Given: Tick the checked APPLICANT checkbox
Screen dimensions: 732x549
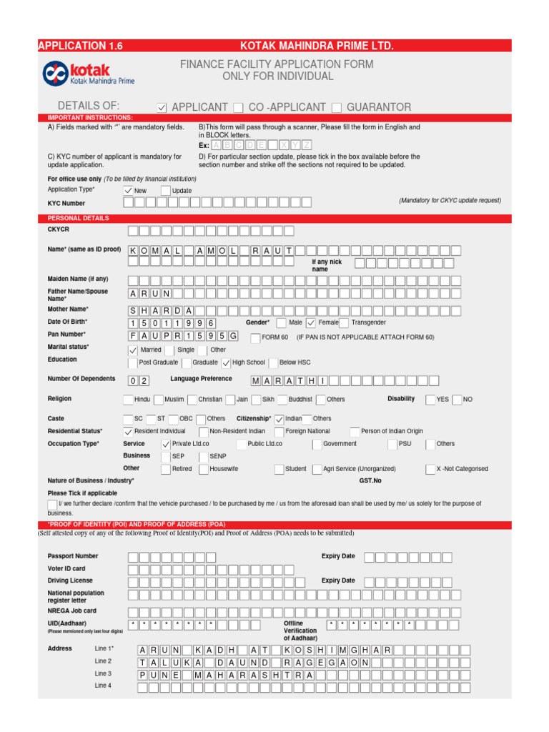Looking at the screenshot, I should pos(162,108).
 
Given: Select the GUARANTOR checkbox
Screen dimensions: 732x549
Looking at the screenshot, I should pos(337,108).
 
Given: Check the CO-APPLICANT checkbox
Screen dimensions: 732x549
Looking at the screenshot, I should pos(238,108).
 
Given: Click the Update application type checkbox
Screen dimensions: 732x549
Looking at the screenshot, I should pos(166,191).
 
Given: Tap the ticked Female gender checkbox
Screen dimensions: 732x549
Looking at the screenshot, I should pos(311,322).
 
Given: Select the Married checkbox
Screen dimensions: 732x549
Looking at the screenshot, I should pos(133,350).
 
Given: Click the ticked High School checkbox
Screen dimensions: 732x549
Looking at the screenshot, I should pos(226,363).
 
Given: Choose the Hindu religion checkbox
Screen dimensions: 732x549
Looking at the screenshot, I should pos(128,400).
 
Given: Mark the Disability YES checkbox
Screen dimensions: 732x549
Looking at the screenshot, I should pos(430,400).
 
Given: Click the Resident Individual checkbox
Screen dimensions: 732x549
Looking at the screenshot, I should pos(128,432).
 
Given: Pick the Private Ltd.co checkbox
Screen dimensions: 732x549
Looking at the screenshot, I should pos(166,444).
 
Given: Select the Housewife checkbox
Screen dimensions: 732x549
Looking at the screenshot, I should pos(204,469).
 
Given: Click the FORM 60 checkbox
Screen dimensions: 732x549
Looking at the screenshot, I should pos(255,337).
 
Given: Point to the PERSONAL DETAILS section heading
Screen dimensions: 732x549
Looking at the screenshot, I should pos(78,217).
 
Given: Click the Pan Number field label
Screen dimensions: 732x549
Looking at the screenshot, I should pos(66,334).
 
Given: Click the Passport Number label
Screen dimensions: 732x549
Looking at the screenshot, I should pos(73,556).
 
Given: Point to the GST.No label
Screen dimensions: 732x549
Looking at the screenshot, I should pos(370,481).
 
